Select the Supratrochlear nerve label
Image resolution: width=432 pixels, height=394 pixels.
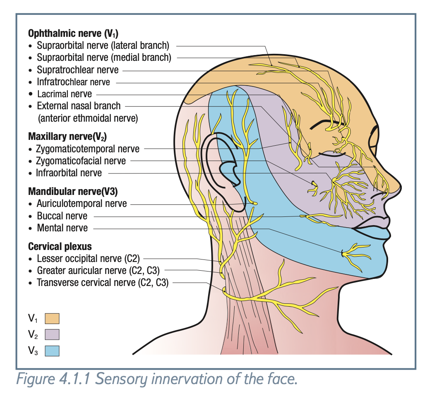[77, 70]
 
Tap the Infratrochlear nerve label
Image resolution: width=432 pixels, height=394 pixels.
[73, 82]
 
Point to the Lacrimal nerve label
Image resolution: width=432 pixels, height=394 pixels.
[64, 94]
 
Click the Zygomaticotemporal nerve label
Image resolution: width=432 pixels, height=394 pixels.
[88, 149]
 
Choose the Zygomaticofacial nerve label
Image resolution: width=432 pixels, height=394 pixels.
[81, 161]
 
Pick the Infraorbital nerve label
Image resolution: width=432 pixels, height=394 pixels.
[69, 173]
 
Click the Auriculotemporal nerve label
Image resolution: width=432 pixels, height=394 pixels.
[82, 204]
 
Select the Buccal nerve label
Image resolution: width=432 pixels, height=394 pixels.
[62, 216]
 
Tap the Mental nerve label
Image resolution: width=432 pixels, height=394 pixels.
[62, 228]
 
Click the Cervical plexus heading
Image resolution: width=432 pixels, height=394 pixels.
[60, 247]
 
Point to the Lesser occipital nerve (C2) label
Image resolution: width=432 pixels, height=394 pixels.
[88, 259]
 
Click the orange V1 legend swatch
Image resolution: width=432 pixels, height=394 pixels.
[52, 318]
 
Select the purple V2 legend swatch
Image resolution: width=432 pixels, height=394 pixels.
[52, 334]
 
